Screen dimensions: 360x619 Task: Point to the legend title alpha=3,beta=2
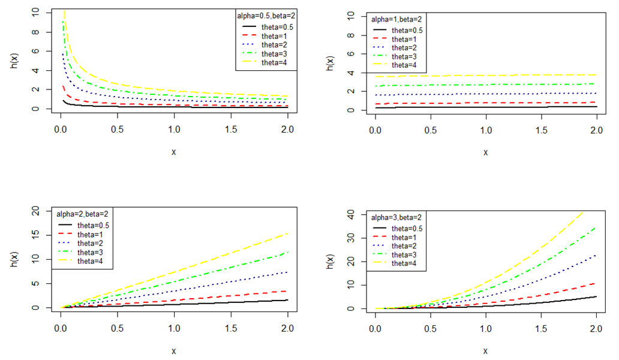[x=393, y=218]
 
